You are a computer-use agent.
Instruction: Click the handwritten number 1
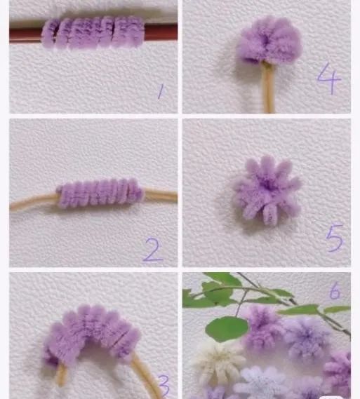[x=161, y=92]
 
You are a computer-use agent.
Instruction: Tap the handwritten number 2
[x=153, y=250]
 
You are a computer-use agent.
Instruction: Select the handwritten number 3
[x=164, y=386]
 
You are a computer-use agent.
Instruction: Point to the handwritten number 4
[x=328, y=78]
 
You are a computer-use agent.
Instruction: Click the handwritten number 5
[x=334, y=238]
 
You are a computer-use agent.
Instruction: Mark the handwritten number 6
[x=335, y=290]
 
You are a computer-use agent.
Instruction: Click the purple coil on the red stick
[x=93, y=32]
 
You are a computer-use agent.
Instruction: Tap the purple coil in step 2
[x=100, y=193]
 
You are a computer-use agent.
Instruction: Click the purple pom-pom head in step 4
[x=269, y=41]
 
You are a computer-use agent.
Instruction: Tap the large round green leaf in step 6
[x=227, y=329]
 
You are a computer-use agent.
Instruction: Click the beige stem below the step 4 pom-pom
[x=268, y=88]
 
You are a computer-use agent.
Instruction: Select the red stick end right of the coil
[x=161, y=32]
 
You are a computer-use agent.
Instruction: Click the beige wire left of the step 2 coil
[x=34, y=202]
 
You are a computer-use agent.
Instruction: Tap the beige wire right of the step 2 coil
[x=161, y=196]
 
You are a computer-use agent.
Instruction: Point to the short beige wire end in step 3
[x=61, y=374]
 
